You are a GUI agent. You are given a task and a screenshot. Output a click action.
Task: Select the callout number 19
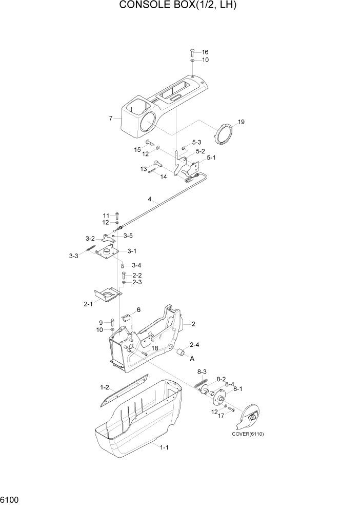[x=242, y=122]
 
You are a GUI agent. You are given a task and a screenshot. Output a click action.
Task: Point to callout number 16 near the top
[x=205, y=52]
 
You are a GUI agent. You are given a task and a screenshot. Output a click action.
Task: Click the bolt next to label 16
[x=192, y=52]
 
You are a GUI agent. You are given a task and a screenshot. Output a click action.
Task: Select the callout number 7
[x=111, y=119]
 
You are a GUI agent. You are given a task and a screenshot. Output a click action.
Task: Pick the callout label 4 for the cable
[x=150, y=199]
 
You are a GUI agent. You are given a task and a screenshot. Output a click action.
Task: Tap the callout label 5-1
[x=211, y=158]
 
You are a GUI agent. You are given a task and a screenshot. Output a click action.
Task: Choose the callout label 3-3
[x=74, y=256]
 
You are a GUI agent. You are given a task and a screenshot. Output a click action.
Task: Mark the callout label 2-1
[x=88, y=304]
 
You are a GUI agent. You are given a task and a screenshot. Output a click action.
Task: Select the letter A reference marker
[x=192, y=359]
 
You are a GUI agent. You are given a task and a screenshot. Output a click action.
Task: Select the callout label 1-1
[x=164, y=447]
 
